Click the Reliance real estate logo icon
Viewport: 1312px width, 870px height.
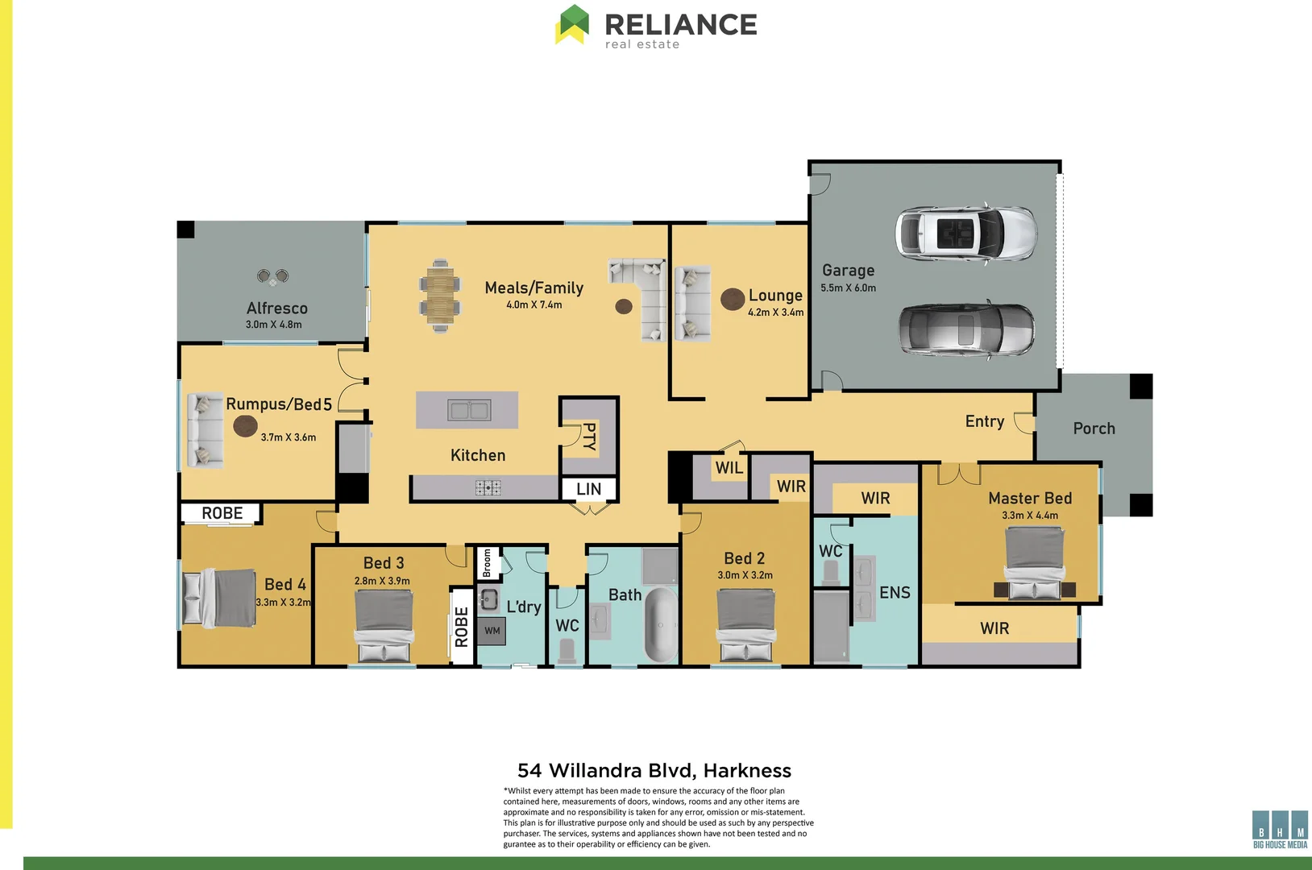click(572, 24)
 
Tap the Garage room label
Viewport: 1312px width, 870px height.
click(848, 271)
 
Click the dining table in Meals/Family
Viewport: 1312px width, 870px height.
click(440, 296)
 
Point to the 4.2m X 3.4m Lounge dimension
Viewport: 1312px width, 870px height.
click(775, 313)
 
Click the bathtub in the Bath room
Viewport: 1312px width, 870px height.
click(662, 625)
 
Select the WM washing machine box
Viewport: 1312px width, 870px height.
click(492, 631)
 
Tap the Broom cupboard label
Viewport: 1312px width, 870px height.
click(487, 563)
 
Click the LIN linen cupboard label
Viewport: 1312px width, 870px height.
click(588, 489)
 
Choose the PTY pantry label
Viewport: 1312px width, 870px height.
click(589, 436)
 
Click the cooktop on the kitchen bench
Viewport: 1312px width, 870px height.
click(488, 487)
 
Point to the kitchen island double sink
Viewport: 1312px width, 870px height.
click(469, 411)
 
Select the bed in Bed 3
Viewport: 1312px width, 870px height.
click(384, 626)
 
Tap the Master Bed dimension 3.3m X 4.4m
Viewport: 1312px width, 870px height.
click(1030, 516)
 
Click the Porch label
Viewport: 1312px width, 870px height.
click(1094, 429)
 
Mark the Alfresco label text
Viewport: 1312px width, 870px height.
click(277, 309)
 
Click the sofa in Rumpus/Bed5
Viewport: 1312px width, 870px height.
click(205, 430)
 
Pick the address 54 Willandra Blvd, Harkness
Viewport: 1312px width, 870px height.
click(654, 771)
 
